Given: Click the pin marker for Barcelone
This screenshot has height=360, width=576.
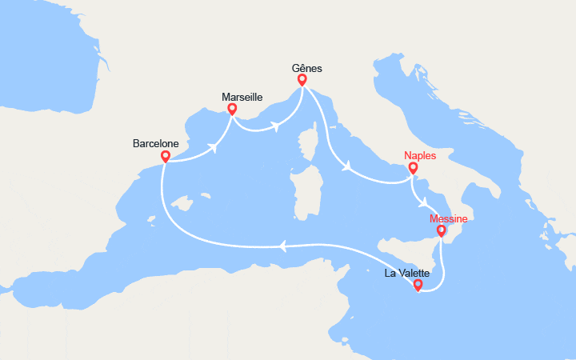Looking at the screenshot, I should (165, 156).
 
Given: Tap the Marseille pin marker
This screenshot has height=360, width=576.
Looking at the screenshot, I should (232, 109).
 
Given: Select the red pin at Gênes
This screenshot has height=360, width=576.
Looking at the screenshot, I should (302, 80).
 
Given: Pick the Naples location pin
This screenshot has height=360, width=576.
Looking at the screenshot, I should (413, 168).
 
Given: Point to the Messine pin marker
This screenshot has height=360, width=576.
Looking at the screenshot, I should (441, 231).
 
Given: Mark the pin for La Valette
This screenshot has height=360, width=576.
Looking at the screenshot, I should (418, 284).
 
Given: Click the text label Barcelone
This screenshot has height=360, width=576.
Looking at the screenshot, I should (156, 144).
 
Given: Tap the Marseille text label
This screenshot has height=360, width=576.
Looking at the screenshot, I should (242, 96).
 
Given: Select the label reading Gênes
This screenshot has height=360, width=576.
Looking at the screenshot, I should (307, 69).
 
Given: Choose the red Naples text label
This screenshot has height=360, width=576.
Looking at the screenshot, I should (420, 156).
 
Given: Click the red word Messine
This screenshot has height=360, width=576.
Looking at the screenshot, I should (448, 219).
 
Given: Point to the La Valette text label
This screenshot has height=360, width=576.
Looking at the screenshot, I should (407, 273).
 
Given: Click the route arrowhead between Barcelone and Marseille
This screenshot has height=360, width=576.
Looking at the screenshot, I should (213, 146).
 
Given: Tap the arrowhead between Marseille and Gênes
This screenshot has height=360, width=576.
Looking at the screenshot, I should (275, 125).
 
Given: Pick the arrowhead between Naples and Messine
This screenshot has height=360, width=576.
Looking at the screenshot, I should (425, 203).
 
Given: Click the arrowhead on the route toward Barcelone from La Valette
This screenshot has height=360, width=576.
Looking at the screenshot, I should (282, 246).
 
